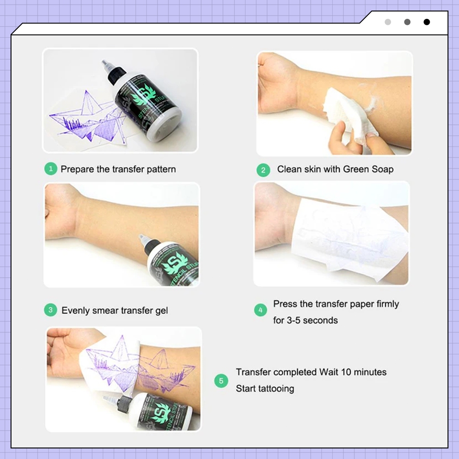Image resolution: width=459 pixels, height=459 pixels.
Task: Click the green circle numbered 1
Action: pyautogui.click(x=50, y=169)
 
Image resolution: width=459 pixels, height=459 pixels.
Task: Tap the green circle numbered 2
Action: pyautogui.click(x=263, y=170)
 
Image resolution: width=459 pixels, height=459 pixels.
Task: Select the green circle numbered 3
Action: pyautogui.click(x=50, y=310)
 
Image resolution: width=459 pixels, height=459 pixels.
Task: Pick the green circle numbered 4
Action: pyautogui.click(x=261, y=310)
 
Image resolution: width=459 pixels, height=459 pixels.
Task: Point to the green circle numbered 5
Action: pyautogui.click(x=221, y=381)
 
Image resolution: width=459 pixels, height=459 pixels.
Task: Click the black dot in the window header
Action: pyautogui.click(x=427, y=22)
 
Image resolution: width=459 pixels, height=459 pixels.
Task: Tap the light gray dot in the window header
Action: pyautogui.click(x=388, y=22)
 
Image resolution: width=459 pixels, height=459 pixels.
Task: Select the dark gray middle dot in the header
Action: pyautogui.click(x=407, y=22)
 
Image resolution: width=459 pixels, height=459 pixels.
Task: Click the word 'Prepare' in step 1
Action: pyautogui.click(x=77, y=169)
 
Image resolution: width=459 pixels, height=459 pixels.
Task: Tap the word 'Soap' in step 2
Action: pyautogui.click(x=382, y=169)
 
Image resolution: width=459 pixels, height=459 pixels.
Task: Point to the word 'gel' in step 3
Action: pyautogui.click(x=162, y=311)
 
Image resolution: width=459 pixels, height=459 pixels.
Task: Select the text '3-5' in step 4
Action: pyautogui.click(x=293, y=320)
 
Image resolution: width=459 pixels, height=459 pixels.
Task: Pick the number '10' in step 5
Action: pyautogui.click(x=346, y=372)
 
